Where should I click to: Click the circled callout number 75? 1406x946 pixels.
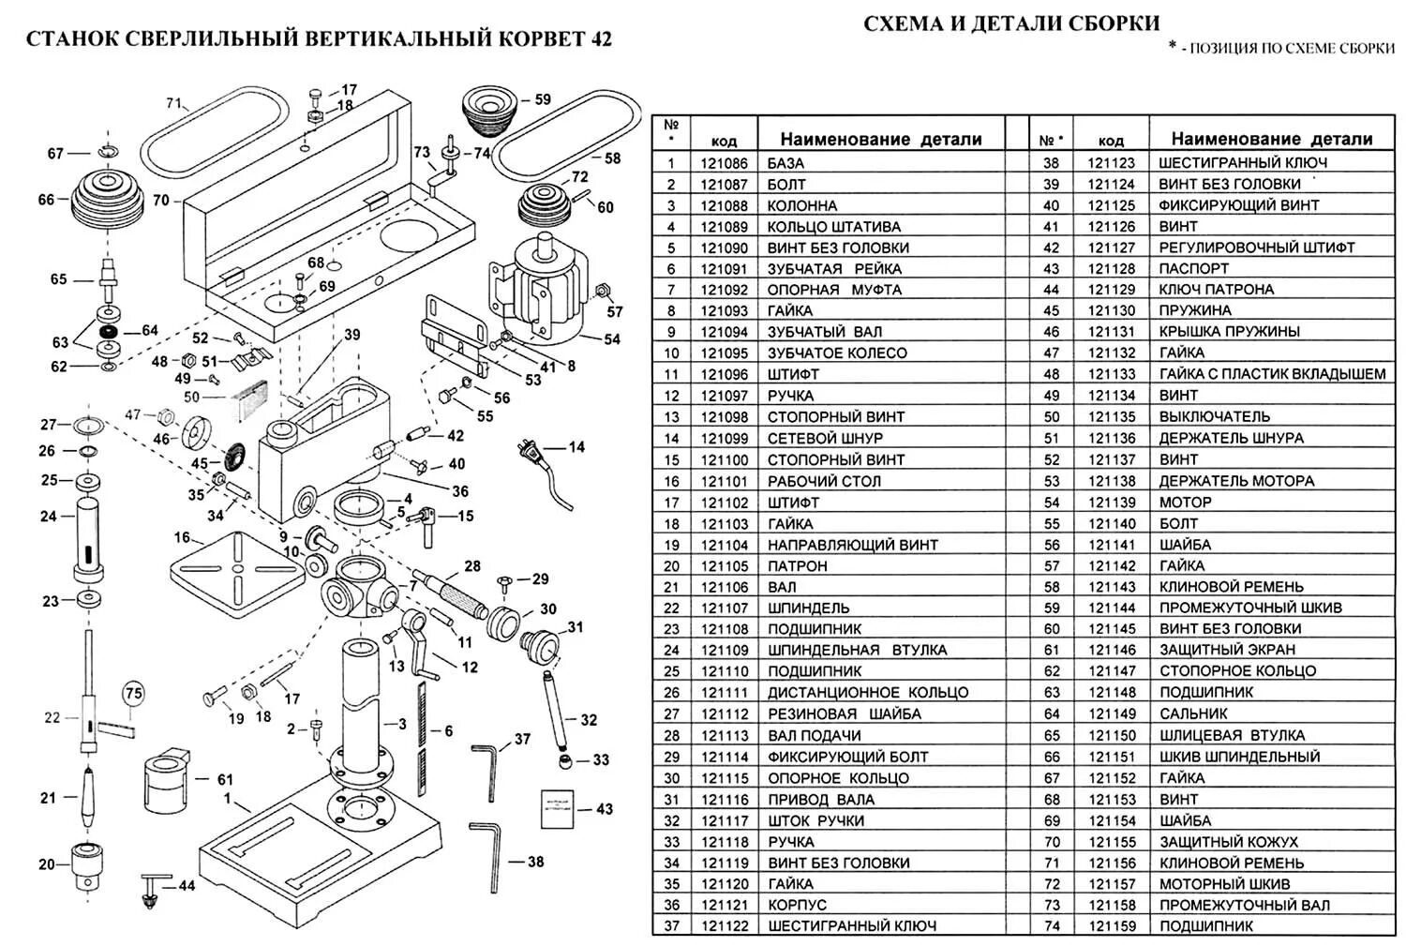tap(134, 694)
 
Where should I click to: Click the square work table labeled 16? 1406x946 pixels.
tap(238, 569)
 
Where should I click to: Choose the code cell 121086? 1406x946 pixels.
tap(724, 163)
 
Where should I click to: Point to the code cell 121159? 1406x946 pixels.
tap(1111, 926)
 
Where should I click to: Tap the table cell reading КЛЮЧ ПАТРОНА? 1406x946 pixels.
tap(1216, 290)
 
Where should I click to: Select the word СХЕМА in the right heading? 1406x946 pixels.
tap(903, 23)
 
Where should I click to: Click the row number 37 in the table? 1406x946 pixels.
tap(670, 926)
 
